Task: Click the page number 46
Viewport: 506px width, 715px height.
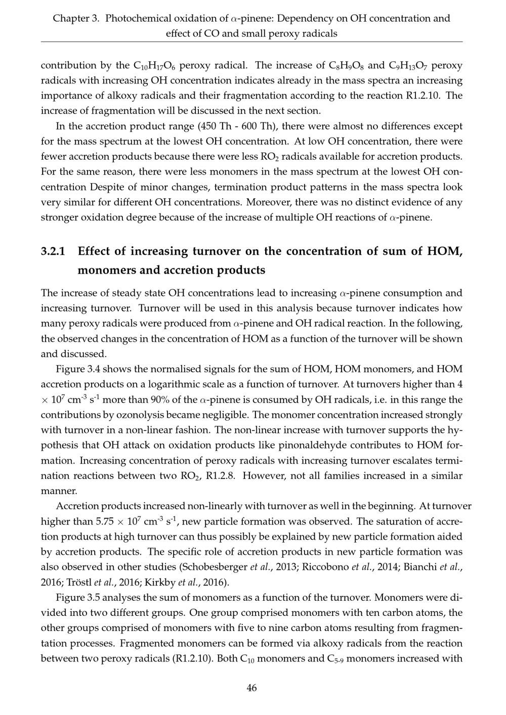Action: point(251,688)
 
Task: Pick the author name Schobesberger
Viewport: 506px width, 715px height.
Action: point(223,567)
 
